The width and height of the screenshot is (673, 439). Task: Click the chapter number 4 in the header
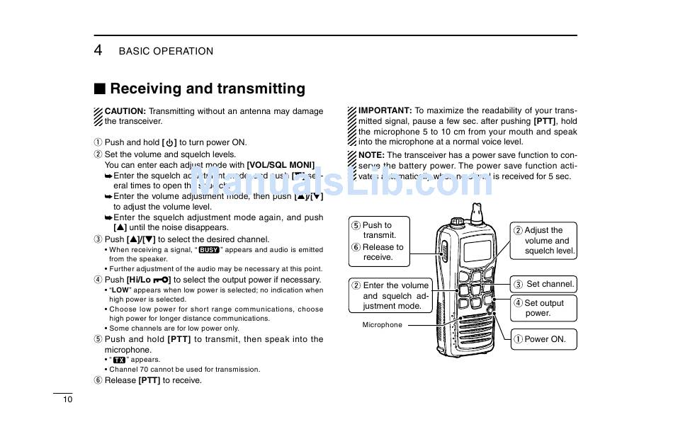tap(98, 50)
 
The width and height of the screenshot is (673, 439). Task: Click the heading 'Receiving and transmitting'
tap(208, 89)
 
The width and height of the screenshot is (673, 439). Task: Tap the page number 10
tap(67, 399)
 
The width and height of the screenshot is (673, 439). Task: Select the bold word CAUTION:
tap(125, 111)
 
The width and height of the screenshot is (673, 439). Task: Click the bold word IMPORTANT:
tap(385, 110)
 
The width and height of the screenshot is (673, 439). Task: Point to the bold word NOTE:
tap(371, 155)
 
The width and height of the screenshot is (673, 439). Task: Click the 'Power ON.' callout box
tap(544, 339)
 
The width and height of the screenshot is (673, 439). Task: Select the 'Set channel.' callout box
tap(544, 285)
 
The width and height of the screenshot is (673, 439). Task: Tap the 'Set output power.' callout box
tap(544, 308)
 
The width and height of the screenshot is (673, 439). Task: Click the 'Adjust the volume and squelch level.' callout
tap(544, 241)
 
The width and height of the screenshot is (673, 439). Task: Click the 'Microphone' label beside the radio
tap(382, 325)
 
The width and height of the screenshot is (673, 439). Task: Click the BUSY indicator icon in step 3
tap(208, 250)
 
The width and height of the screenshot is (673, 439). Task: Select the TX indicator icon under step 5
tap(118, 360)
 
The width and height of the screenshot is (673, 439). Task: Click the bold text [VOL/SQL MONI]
tap(281, 165)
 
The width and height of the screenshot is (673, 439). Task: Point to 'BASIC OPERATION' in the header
tap(166, 51)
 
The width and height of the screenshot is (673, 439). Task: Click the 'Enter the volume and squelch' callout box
tap(390, 296)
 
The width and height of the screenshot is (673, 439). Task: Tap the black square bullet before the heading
tap(100, 89)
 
